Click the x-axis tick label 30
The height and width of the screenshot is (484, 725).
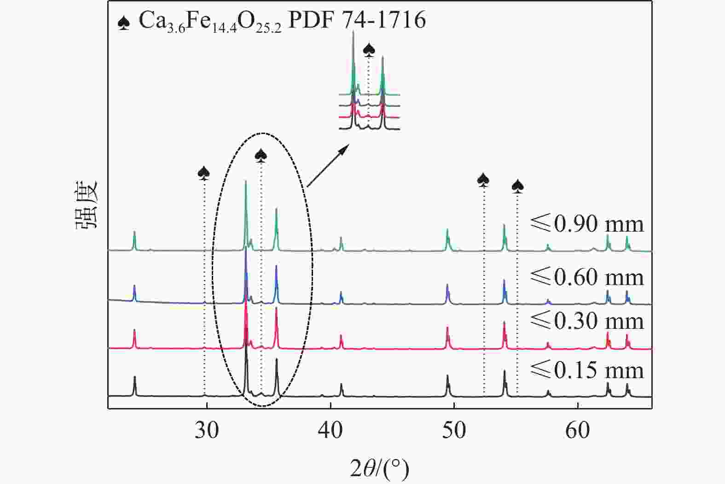pos(207,431)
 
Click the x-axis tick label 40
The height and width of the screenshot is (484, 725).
pos(331,431)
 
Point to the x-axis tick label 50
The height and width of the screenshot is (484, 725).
pos(454,431)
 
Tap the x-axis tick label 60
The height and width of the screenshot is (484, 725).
pos(578,431)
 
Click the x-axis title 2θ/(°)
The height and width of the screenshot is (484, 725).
pos(379,468)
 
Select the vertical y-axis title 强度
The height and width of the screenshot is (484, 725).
pos(87,204)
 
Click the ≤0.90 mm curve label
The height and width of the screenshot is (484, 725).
pos(587,224)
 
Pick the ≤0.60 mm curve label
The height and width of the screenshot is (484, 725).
pos(587,277)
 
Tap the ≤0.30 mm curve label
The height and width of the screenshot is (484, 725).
pos(587,321)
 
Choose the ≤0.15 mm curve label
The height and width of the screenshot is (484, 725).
pos(587,370)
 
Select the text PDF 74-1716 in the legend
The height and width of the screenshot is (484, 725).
pos(357,21)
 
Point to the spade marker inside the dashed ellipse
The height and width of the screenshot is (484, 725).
pos(261,156)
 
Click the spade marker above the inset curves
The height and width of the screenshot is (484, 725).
pos(369,49)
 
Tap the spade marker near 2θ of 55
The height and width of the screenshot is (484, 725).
pos(518,186)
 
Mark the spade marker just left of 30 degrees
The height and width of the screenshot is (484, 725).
pos(204,173)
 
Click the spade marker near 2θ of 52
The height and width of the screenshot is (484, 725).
pos(483,180)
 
